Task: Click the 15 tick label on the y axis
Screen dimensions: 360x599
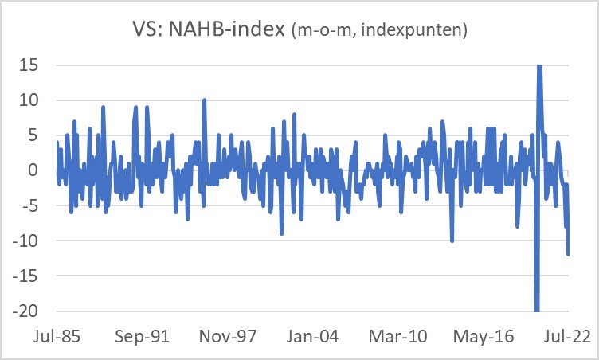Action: [29, 65]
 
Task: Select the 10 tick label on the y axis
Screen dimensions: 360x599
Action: [29, 100]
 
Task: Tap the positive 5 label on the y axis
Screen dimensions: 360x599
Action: [34, 135]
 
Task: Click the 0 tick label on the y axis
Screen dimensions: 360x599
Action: [34, 170]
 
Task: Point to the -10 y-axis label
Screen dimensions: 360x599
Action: [26, 241]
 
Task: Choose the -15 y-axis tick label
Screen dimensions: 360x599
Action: [26, 276]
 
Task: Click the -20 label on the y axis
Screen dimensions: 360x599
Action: [26, 311]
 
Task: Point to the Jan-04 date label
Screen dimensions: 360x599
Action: [316, 337]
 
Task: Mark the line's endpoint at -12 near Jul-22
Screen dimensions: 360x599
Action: [569, 255]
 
